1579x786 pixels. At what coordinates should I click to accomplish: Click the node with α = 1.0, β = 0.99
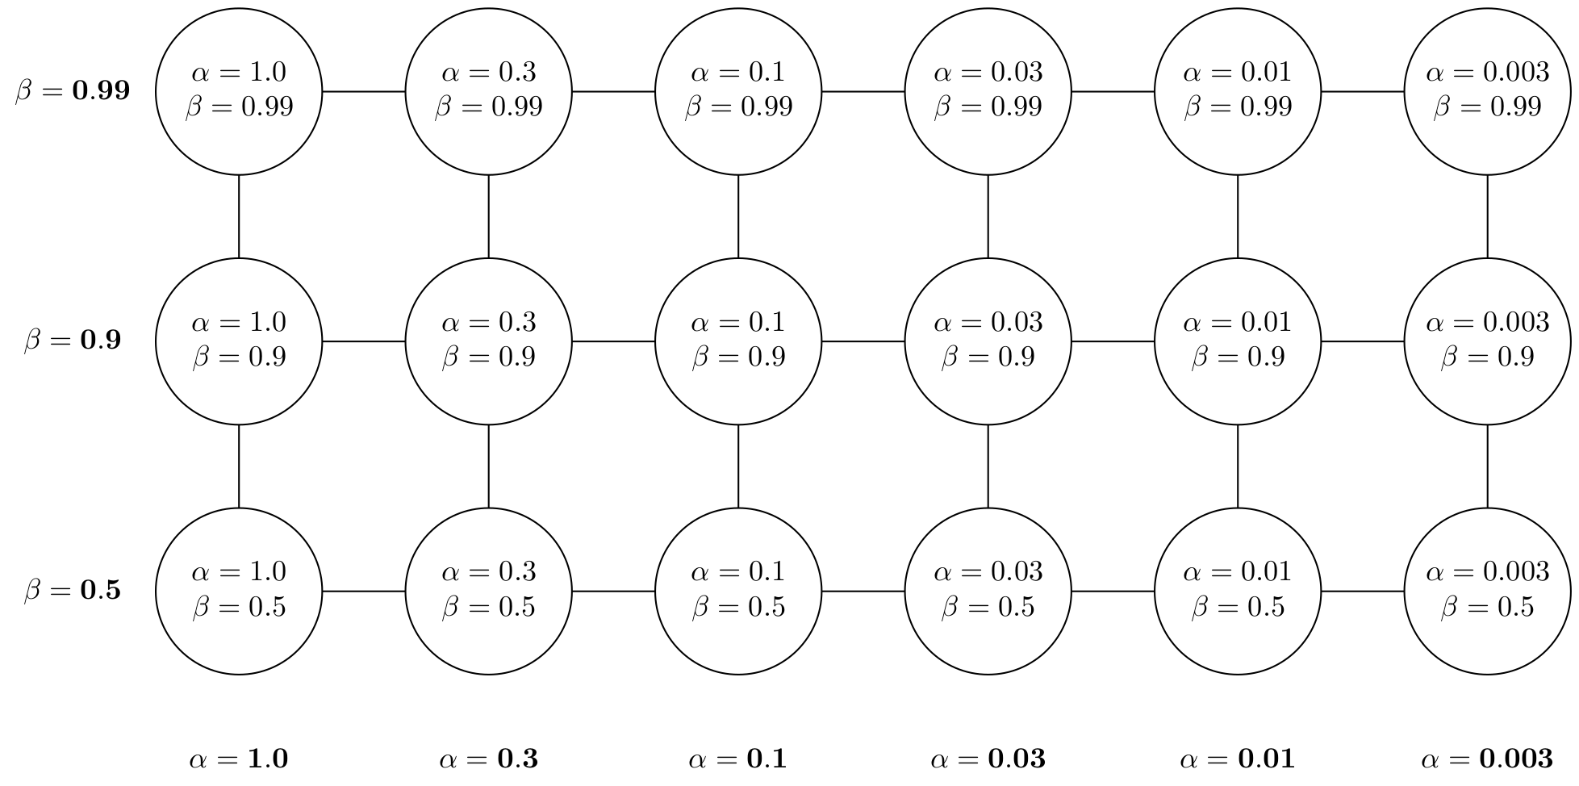pyautogui.click(x=239, y=91)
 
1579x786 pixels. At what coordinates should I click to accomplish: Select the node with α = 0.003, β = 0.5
pyautogui.click(x=1487, y=591)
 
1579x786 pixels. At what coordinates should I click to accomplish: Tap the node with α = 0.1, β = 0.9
pyautogui.click(x=738, y=341)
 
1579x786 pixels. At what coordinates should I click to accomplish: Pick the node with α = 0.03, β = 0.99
pyautogui.click(x=988, y=91)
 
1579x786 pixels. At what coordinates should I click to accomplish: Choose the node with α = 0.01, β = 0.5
pyautogui.click(x=1238, y=591)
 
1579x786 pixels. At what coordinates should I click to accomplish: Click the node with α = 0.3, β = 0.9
pyautogui.click(x=488, y=341)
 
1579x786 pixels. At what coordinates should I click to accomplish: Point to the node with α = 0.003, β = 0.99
pyautogui.click(x=1487, y=91)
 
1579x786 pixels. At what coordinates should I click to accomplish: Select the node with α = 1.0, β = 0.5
pyautogui.click(x=239, y=591)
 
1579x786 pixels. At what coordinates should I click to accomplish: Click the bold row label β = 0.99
pyautogui.click(x=73, y=91)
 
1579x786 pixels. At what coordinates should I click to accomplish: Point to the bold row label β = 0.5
pyautogui.click(x=73, y=591)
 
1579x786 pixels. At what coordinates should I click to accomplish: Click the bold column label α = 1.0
pyautogui.click(x=239, y=759)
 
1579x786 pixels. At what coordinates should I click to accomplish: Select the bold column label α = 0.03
pyautogui.click(x=988, y=759)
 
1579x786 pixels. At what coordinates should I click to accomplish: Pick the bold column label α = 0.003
pyautogui.click(x=1487, y=759)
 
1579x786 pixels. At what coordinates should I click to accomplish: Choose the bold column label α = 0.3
pyautogui.click(x=488, y=759)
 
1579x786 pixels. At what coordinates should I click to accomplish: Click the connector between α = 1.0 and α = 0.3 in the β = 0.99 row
pyautogui.click(x=363, y=91)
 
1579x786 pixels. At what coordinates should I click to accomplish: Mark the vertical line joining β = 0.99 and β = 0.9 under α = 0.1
pyautogui.click(x=738, y=216)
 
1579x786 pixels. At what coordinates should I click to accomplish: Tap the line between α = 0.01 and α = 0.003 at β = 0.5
pyautogui.click(x=1362, y=591)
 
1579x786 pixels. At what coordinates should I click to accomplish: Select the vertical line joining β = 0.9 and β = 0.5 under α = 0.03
pyautogui.click(x=988, y=466)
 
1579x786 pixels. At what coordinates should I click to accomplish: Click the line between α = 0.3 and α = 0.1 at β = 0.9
pyautogui.click(x=613, y=341)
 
